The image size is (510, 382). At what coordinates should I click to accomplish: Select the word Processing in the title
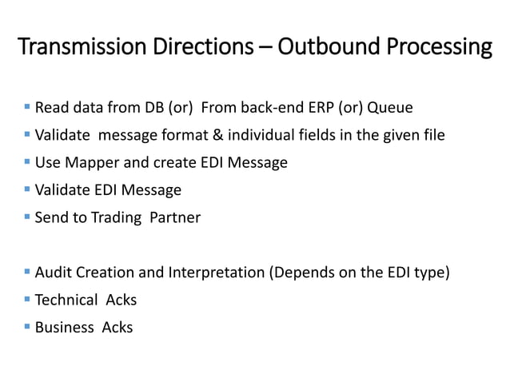(x=436, y=48)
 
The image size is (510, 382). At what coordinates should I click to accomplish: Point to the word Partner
(x=176, y=217)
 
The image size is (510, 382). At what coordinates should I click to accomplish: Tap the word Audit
(x=53, y=273)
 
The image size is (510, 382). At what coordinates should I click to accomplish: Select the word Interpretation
(x=216, y=273)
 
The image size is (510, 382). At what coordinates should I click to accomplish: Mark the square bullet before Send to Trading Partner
(x=27, y=217)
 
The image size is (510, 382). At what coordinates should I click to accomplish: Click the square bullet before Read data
(x=27, y=107)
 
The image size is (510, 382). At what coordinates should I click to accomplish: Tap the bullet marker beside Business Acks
(x=27, y=326)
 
